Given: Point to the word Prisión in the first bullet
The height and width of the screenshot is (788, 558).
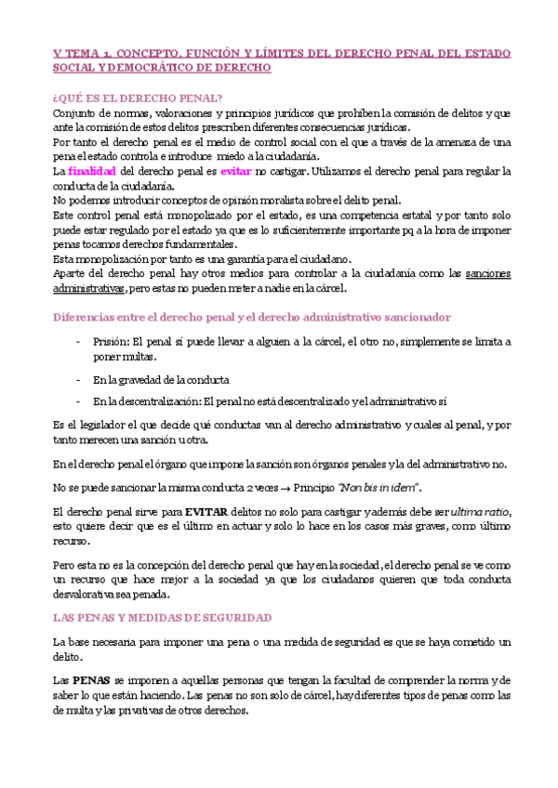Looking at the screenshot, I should point(113,342).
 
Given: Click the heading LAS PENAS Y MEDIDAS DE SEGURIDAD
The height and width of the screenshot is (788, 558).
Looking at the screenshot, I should point(163,617).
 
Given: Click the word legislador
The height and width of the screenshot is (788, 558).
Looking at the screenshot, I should point(104,425).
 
